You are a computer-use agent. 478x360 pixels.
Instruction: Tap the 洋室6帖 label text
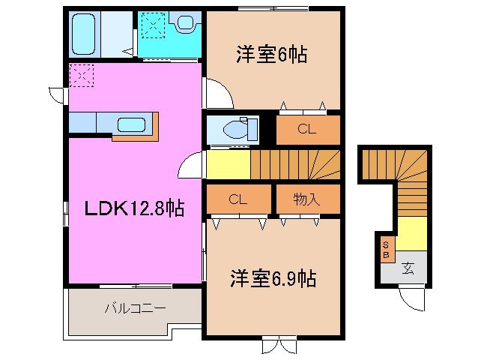(x=272, y=55)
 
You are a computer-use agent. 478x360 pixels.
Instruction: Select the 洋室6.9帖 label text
(x=272, y=279)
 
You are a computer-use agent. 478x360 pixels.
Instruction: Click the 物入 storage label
(x=307, y=199)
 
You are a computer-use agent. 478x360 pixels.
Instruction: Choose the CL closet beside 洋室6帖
(x=307, y=129)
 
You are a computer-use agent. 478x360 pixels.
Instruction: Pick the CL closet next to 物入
(x=238, y=199)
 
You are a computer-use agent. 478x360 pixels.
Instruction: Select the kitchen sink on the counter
(x=131, y=124)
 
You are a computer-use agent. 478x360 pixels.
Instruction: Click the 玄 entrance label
(x=408, y=267)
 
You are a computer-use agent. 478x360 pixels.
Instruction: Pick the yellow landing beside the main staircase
(x=227, y=163)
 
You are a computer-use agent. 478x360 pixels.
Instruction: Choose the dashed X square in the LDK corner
(x=80, y=76)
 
